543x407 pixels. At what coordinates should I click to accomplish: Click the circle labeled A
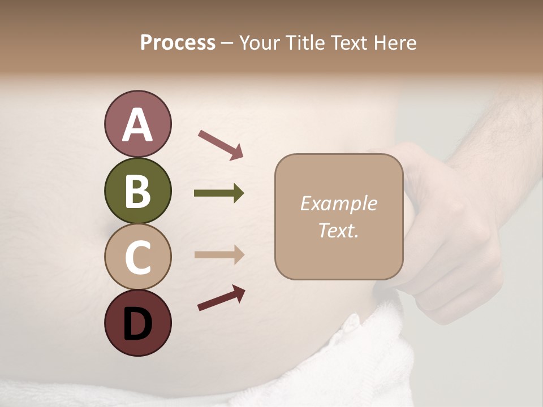click(x=137, y=124)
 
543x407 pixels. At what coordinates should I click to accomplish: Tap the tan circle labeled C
click(x=137, y=257)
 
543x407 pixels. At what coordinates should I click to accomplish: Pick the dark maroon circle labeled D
click(x=137, y=323)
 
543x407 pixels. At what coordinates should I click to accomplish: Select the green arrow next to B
click(x=219, y=193)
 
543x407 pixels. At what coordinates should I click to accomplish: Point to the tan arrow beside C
click(x=219, y=254)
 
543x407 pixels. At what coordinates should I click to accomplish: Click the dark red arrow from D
click(x=221, y=298)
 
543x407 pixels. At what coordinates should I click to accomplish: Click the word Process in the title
click(x=178, y=42)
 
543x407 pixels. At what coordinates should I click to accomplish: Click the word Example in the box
click(x=338, y=203)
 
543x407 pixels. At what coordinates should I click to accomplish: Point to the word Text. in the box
click(x=338, y=230)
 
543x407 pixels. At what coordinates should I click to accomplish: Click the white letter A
click(x=137, y=125)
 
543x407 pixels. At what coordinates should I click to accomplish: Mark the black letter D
click(x=137, y=323)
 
